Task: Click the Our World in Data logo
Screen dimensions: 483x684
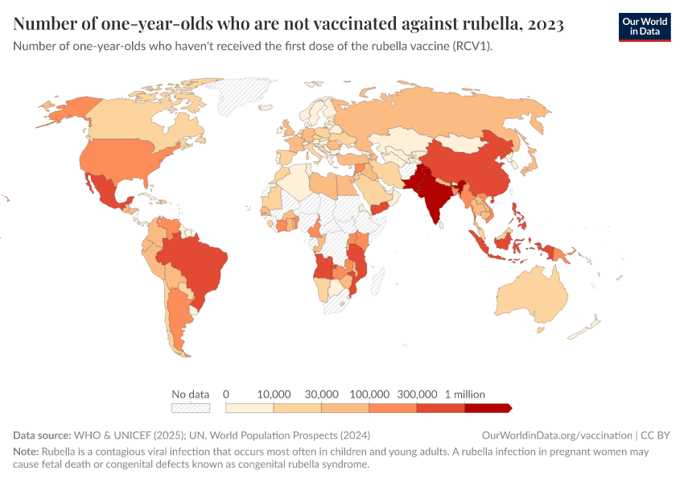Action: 644,27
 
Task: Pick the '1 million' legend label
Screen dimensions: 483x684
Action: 464,394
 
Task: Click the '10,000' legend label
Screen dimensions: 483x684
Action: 274,394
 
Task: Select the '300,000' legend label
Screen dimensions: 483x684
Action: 417,394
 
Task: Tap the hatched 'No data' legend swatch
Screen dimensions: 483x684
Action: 190,408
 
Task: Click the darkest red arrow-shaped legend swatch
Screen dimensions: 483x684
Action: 488,408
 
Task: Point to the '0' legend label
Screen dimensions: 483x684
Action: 226,394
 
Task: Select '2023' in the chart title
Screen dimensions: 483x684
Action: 546,24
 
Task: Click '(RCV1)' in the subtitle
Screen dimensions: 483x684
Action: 468,46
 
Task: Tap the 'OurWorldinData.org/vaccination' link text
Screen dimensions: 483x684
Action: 556,436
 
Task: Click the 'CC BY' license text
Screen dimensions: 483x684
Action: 654,436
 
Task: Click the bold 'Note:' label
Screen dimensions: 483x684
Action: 27,452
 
